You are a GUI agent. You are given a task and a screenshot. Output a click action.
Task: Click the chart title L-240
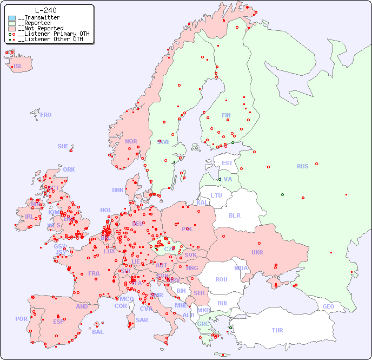click(x=45, y=10)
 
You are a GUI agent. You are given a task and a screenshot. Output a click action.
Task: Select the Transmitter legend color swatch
click(x=12, y=18)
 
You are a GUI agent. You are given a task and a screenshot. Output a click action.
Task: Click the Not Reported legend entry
click(x=41, y=29)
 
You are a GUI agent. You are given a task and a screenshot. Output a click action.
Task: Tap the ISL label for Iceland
click(x=18, y=67)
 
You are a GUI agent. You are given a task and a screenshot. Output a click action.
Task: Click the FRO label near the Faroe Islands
click(x=46, y=115)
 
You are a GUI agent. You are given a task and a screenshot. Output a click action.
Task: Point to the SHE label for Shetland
click(x=63, y=146)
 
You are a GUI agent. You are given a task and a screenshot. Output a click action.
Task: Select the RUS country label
click(x=302, y=166)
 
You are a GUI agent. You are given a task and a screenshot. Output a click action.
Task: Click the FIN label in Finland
click(x=226, y=115)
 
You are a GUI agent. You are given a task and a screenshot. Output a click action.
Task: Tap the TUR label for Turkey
click(x=277, y=330)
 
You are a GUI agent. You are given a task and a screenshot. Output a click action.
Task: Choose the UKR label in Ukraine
click(x=257, y=252)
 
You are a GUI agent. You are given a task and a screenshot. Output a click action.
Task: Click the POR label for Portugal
click(x=21, y=319)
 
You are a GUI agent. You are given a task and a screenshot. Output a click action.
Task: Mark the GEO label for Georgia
click(x=328, y=306)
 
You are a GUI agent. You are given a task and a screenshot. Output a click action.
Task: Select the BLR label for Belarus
click(x=234, y=215)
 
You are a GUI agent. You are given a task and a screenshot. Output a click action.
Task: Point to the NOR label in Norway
click(x=131, y=141)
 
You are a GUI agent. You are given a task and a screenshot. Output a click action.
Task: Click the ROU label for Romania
click(x=221, y=279)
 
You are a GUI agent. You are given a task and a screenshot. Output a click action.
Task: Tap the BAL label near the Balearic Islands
click(x=98, y=332)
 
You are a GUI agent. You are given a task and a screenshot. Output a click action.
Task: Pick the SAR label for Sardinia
click(x=142, y=320)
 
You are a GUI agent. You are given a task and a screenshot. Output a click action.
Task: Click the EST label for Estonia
click(x=227, y=163)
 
